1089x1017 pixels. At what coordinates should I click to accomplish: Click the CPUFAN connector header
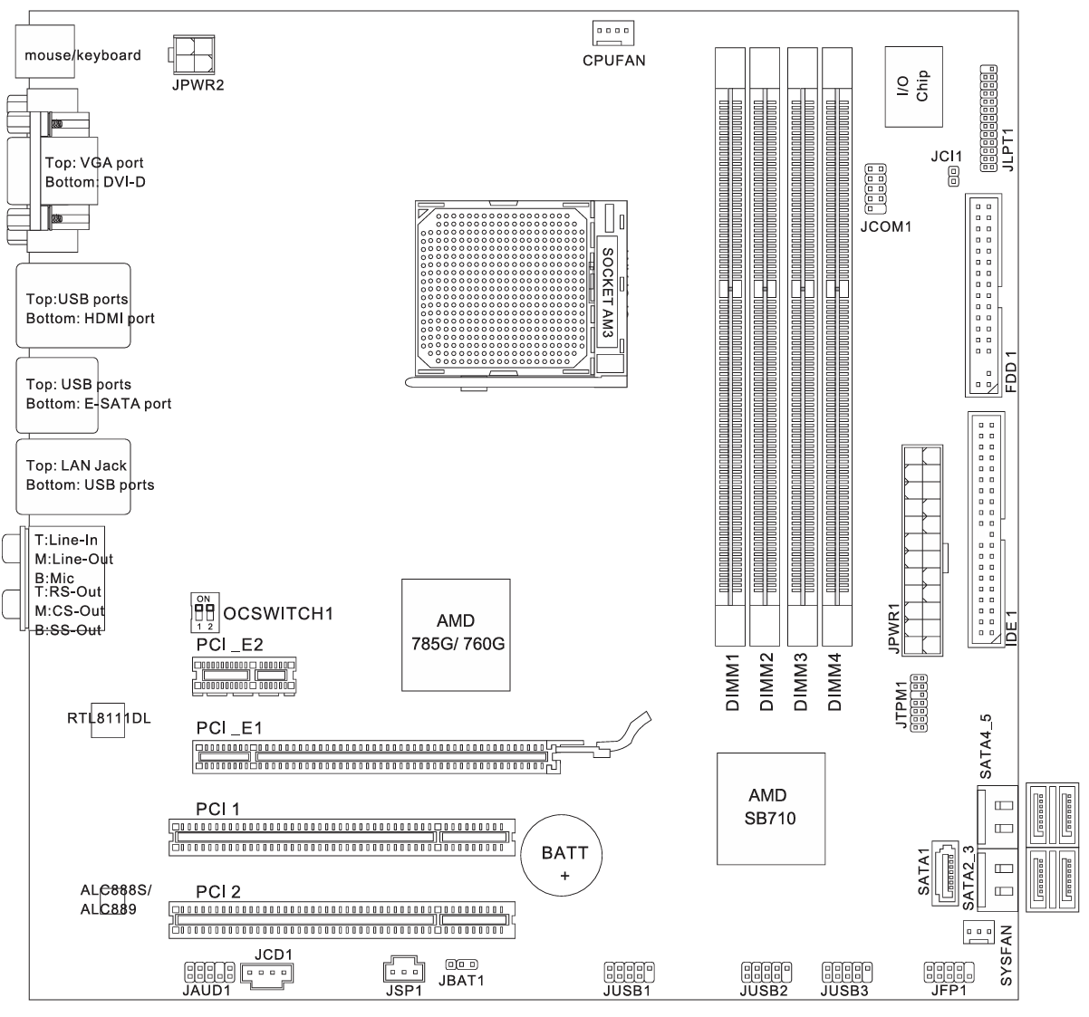613,33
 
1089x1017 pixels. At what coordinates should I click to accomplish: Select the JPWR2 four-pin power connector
192,54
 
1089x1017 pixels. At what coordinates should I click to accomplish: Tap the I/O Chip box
914,87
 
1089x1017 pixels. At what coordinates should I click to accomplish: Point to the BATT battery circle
561,855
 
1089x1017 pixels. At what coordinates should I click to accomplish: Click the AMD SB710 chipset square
771,809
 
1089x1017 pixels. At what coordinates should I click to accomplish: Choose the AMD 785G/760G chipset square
457,635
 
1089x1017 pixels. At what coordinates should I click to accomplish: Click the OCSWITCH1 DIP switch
205,612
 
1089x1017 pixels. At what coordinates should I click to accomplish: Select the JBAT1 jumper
462,964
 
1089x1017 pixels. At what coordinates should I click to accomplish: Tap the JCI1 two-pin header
954,177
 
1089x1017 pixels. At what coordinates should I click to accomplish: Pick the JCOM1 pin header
876,189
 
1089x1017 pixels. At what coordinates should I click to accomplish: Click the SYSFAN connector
978,932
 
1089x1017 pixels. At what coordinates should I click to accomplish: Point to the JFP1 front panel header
949,972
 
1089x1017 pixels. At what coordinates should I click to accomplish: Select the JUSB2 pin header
766,972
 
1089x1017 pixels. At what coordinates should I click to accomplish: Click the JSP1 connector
404,969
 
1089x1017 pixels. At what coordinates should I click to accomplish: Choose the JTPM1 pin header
919,703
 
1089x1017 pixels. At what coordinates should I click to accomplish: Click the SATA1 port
945,873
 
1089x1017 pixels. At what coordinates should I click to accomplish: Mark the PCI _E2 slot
244,676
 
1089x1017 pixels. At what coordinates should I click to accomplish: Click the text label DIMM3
801,682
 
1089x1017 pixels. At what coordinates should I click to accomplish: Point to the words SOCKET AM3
608,293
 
